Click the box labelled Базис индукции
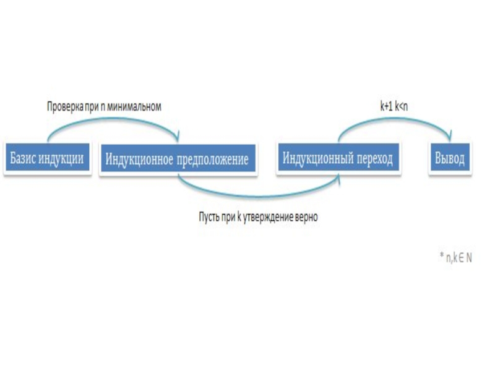(x=47, y=158)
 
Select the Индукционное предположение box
(x=177, y=160)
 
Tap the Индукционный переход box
(x=338, y=158)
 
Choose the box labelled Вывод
(x=447, y=158)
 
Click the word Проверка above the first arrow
(x=64, y=107)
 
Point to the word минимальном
(x=135, y=107)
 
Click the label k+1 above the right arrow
(x=387, y=107)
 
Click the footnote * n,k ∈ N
(x=455, y=257)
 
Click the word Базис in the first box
(x=22, y=158)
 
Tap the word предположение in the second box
(x=213, y=160)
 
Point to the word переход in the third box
(x=374, y=158)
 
